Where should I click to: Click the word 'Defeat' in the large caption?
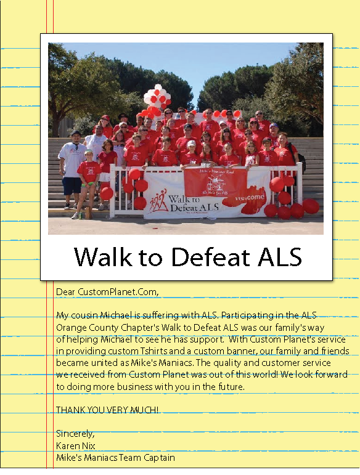tap(210, 258)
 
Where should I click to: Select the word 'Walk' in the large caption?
tap(103, 257)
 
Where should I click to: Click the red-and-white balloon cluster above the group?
tap(157, 100)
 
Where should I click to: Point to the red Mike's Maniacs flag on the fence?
tap(215, 182)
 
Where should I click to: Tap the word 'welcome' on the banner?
tap(250, 198)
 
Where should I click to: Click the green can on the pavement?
tap(80, 216)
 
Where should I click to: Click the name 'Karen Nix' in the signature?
tap(76, 445)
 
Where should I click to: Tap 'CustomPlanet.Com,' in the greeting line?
tap(118, 292)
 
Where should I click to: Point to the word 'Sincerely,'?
tap(75, 434)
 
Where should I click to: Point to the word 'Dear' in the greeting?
tap(65, 292)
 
